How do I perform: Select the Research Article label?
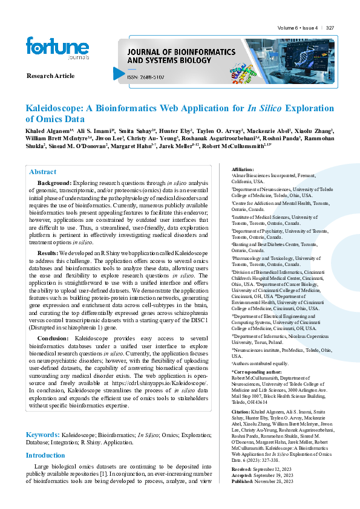(51, 76)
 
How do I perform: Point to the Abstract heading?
(42, 172)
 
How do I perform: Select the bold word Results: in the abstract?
(48, 253)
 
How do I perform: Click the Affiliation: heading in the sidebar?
(243, 169)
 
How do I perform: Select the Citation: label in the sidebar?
(241, 411)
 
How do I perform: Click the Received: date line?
(263, 485)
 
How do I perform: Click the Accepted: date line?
(263, 492)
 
